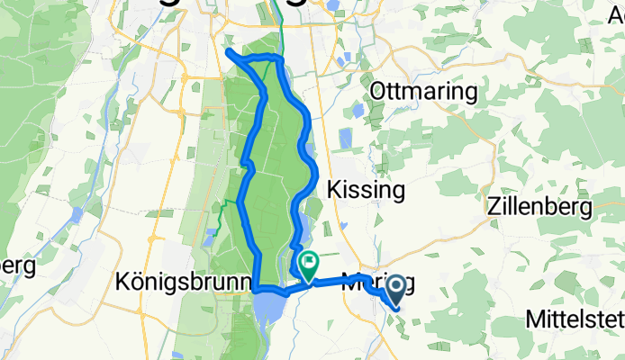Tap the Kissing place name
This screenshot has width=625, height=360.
point(367,191)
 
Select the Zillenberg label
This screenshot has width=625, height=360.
point(539,207)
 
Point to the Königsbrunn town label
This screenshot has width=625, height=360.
point(184,283)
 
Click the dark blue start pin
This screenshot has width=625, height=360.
point(394,290)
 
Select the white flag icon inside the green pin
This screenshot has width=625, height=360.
point(308,263)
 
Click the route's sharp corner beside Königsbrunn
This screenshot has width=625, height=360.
point(258,289)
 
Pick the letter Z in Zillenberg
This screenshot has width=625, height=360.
point(492,207)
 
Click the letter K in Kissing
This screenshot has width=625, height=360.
point(334,191)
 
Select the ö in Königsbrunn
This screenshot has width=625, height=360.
point(135,283)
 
